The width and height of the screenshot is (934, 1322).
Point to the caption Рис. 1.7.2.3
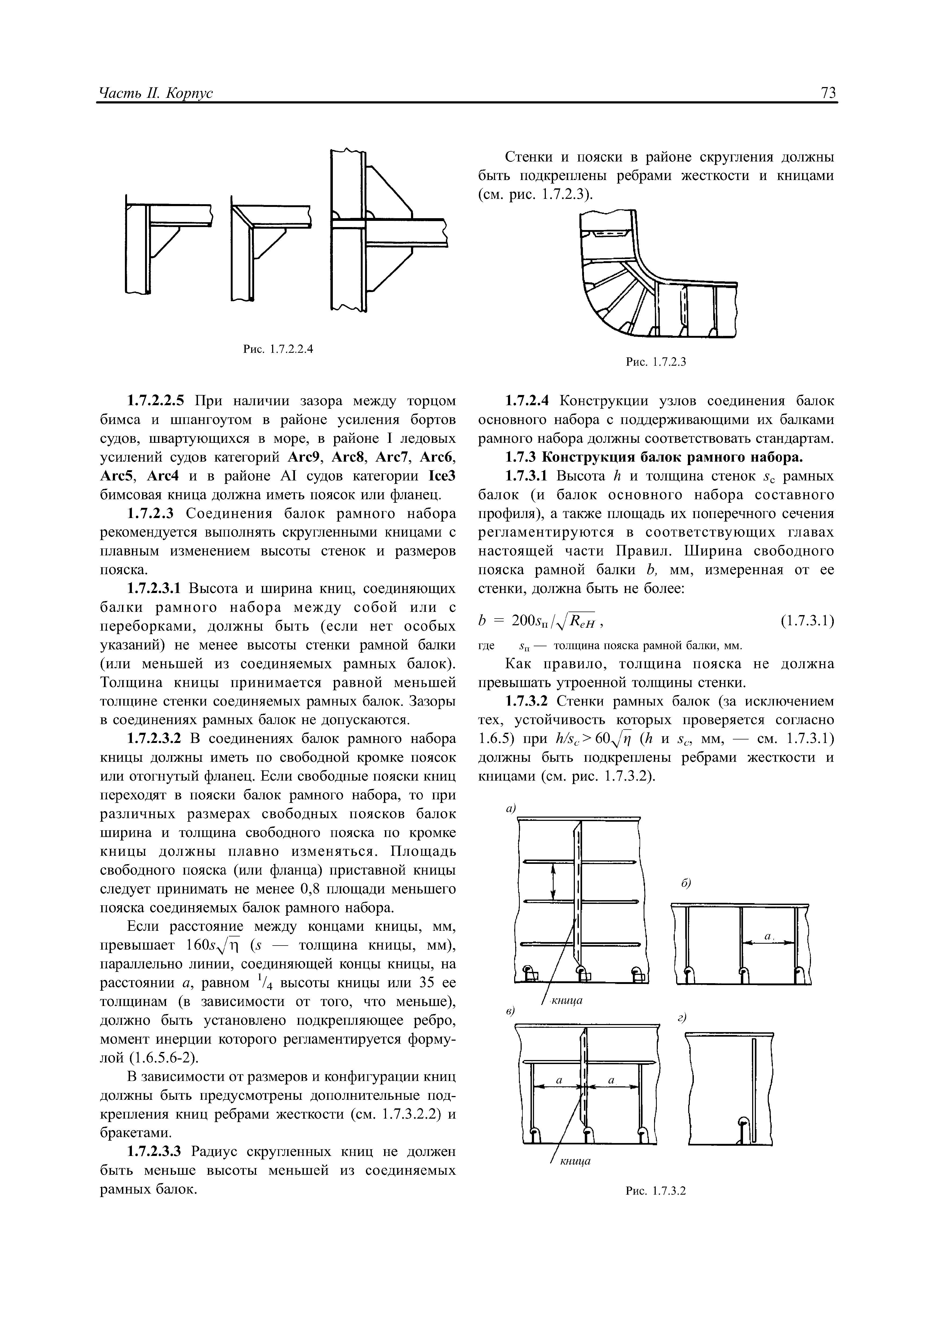pos(657,362)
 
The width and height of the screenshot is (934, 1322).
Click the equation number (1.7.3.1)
pos(807,621)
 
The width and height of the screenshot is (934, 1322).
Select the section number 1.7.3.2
pos(528,701)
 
